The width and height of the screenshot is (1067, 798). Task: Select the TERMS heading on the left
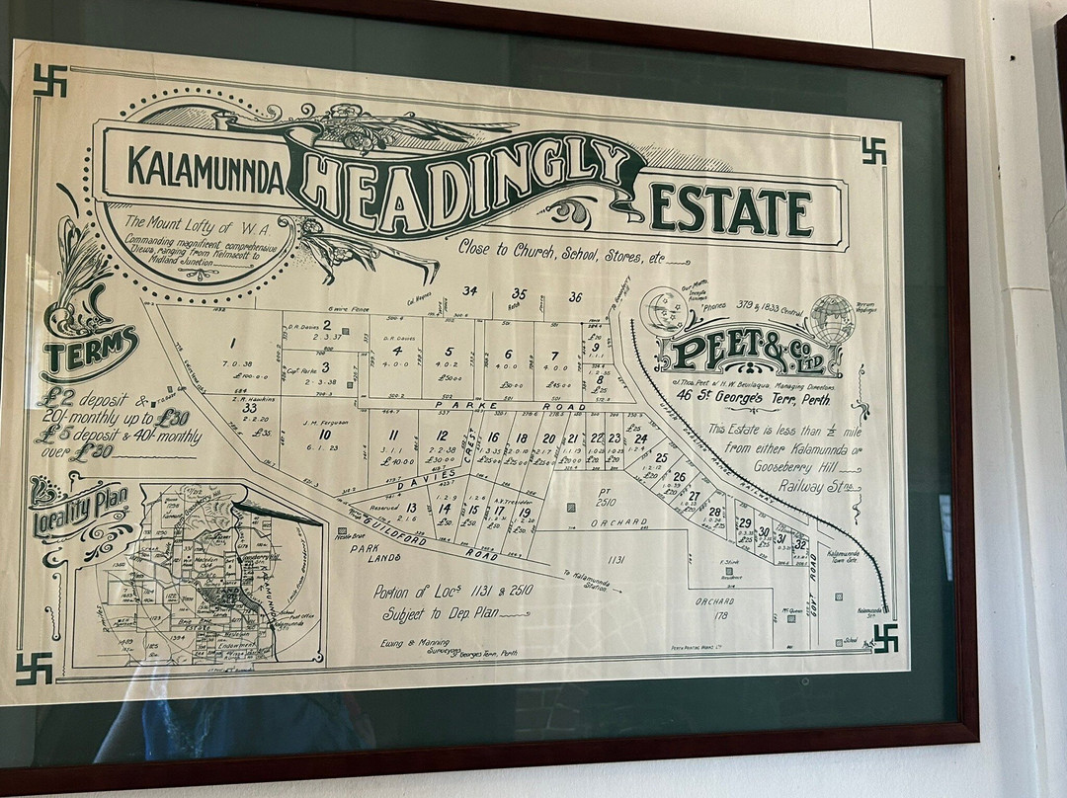(90, 353)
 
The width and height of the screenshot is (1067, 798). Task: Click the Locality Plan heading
(81, 508)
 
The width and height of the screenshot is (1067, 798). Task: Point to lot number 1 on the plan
(232, 344)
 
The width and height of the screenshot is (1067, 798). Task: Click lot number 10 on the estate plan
(324, 434)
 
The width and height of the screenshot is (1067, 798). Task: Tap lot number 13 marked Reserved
(411, 508)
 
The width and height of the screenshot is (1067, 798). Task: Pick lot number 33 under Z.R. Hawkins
(249, 407)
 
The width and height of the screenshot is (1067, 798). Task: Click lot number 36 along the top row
(575, 296)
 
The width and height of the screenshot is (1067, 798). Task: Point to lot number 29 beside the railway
(745, 523)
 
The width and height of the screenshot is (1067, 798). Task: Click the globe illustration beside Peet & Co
(832, 318)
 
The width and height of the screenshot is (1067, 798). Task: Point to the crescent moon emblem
(663, 309)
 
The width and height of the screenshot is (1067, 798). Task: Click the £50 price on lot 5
(450, 377)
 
